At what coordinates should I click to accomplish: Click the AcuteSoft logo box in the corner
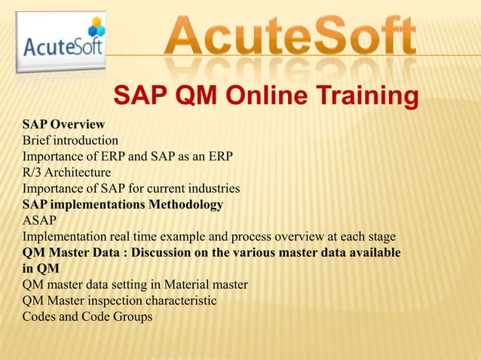pos(59,44)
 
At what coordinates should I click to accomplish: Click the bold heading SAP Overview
pos(63,124)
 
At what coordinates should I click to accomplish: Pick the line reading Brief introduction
pos(70,140)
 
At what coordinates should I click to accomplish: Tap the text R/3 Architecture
pos(66,172)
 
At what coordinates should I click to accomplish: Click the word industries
pos(213,188)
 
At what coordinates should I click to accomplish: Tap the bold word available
pos(374,252)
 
